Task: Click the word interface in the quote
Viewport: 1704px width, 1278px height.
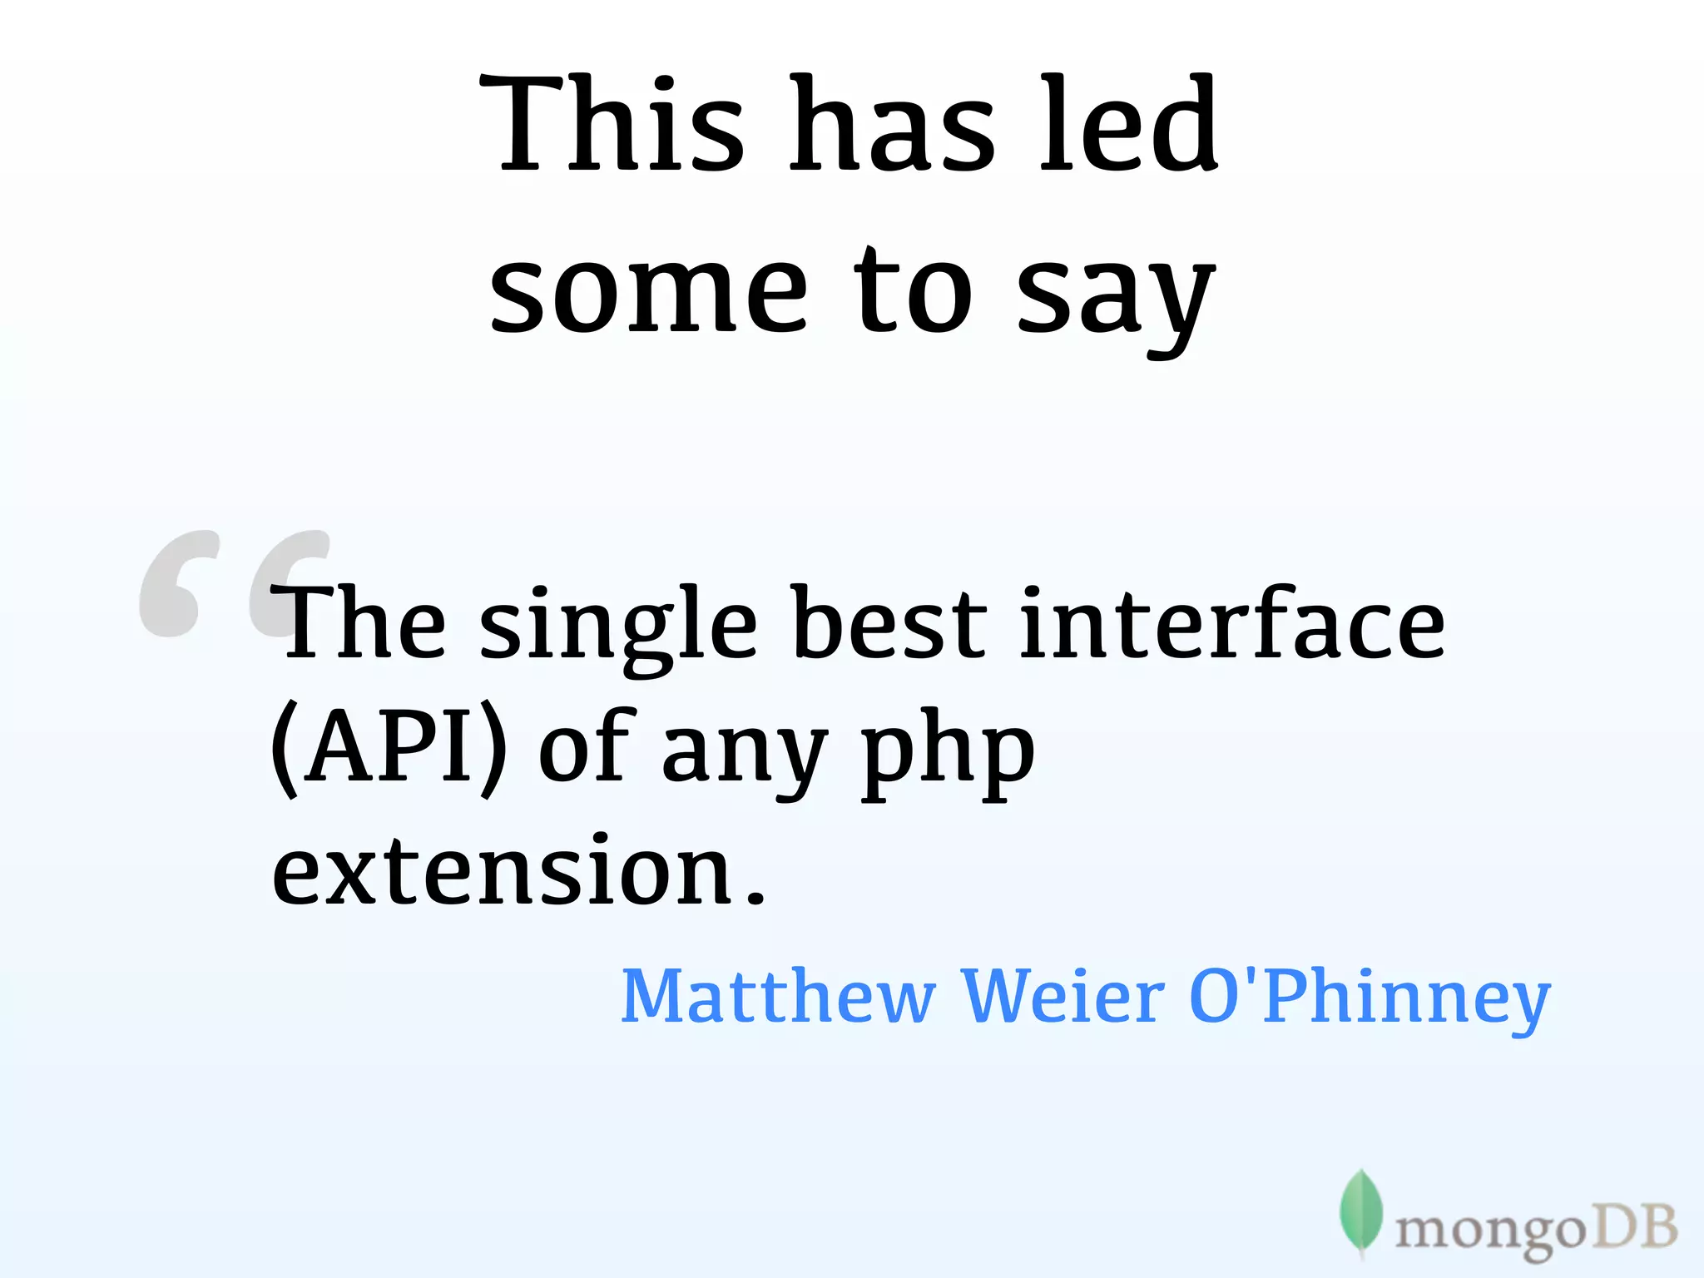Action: pos(1232,624)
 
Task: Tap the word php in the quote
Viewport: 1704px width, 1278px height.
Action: pos(948,753)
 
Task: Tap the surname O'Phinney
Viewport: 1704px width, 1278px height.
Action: pos(1370,998)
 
